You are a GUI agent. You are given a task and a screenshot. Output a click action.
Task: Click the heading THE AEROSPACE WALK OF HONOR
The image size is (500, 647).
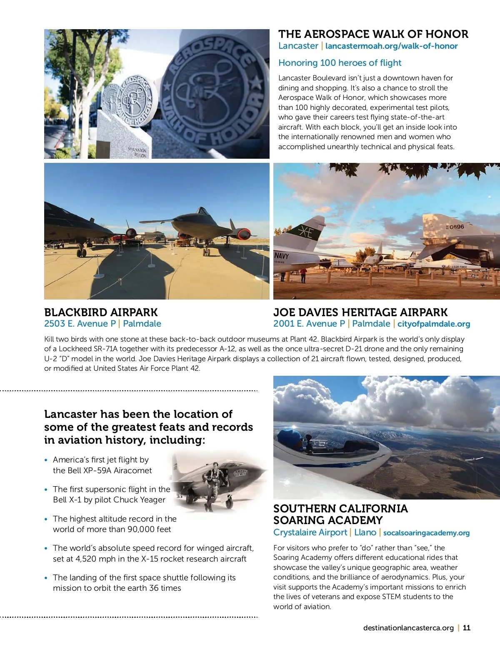pos(373,34)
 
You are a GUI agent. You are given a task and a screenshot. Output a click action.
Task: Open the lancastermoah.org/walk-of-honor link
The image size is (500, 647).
pos(391,46)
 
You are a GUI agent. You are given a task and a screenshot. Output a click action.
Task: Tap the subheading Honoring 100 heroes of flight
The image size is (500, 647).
pos(340,63)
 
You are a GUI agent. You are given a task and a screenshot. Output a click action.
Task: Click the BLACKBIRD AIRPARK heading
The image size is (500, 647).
pos(101,312)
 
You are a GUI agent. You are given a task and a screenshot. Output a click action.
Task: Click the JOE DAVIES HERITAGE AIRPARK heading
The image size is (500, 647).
pos(360,312)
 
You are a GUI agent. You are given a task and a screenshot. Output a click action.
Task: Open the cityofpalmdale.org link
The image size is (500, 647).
pos(433,324)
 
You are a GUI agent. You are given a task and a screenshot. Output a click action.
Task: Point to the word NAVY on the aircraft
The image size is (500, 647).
pos(281,255)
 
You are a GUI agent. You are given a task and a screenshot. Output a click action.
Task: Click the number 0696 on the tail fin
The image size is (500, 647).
pos(456,227)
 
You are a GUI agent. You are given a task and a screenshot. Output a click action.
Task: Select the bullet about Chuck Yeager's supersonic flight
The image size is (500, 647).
pos(111,495)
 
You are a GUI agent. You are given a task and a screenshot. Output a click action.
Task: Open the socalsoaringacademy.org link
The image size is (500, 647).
pos(426,533)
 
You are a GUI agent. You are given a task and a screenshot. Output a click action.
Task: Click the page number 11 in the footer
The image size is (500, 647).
pos(466,628)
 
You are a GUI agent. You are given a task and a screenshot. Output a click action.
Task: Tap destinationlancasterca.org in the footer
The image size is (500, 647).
pos(408,628)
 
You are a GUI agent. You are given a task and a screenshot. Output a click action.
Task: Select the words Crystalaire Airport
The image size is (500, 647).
pos(310,532)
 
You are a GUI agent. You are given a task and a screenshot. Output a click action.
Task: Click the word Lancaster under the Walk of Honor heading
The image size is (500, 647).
pos(298,46)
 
